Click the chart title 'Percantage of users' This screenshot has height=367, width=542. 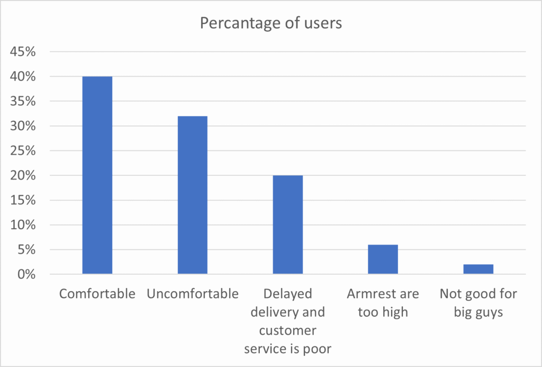click(270, 23)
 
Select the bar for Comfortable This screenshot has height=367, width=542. click(97, 175)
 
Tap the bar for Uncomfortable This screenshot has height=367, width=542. click(192, 195)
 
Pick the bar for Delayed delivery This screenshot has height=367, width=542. click(287, 225)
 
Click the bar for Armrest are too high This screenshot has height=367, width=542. click(383, 259)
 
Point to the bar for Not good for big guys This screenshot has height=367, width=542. click(478, 269)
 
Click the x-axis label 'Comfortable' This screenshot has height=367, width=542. click(97, 294)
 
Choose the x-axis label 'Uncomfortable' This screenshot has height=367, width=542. click(193, 294)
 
